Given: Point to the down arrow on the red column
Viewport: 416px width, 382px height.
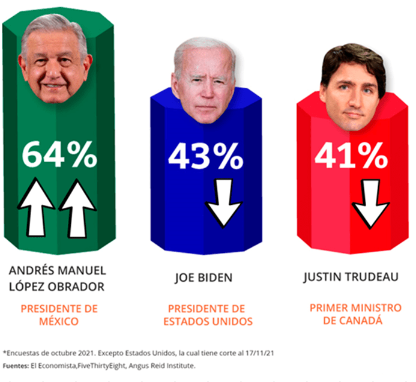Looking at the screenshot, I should click(x=370, y=204).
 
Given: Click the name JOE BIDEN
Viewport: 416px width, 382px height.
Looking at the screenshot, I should click(x=203, y=278).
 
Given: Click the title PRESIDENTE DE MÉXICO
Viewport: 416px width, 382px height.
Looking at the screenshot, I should click(x=59, y=315).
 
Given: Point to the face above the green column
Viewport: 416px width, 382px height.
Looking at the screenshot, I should click(x=56, y=60).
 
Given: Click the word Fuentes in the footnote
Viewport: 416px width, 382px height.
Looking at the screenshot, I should click(x=17, y=365).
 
